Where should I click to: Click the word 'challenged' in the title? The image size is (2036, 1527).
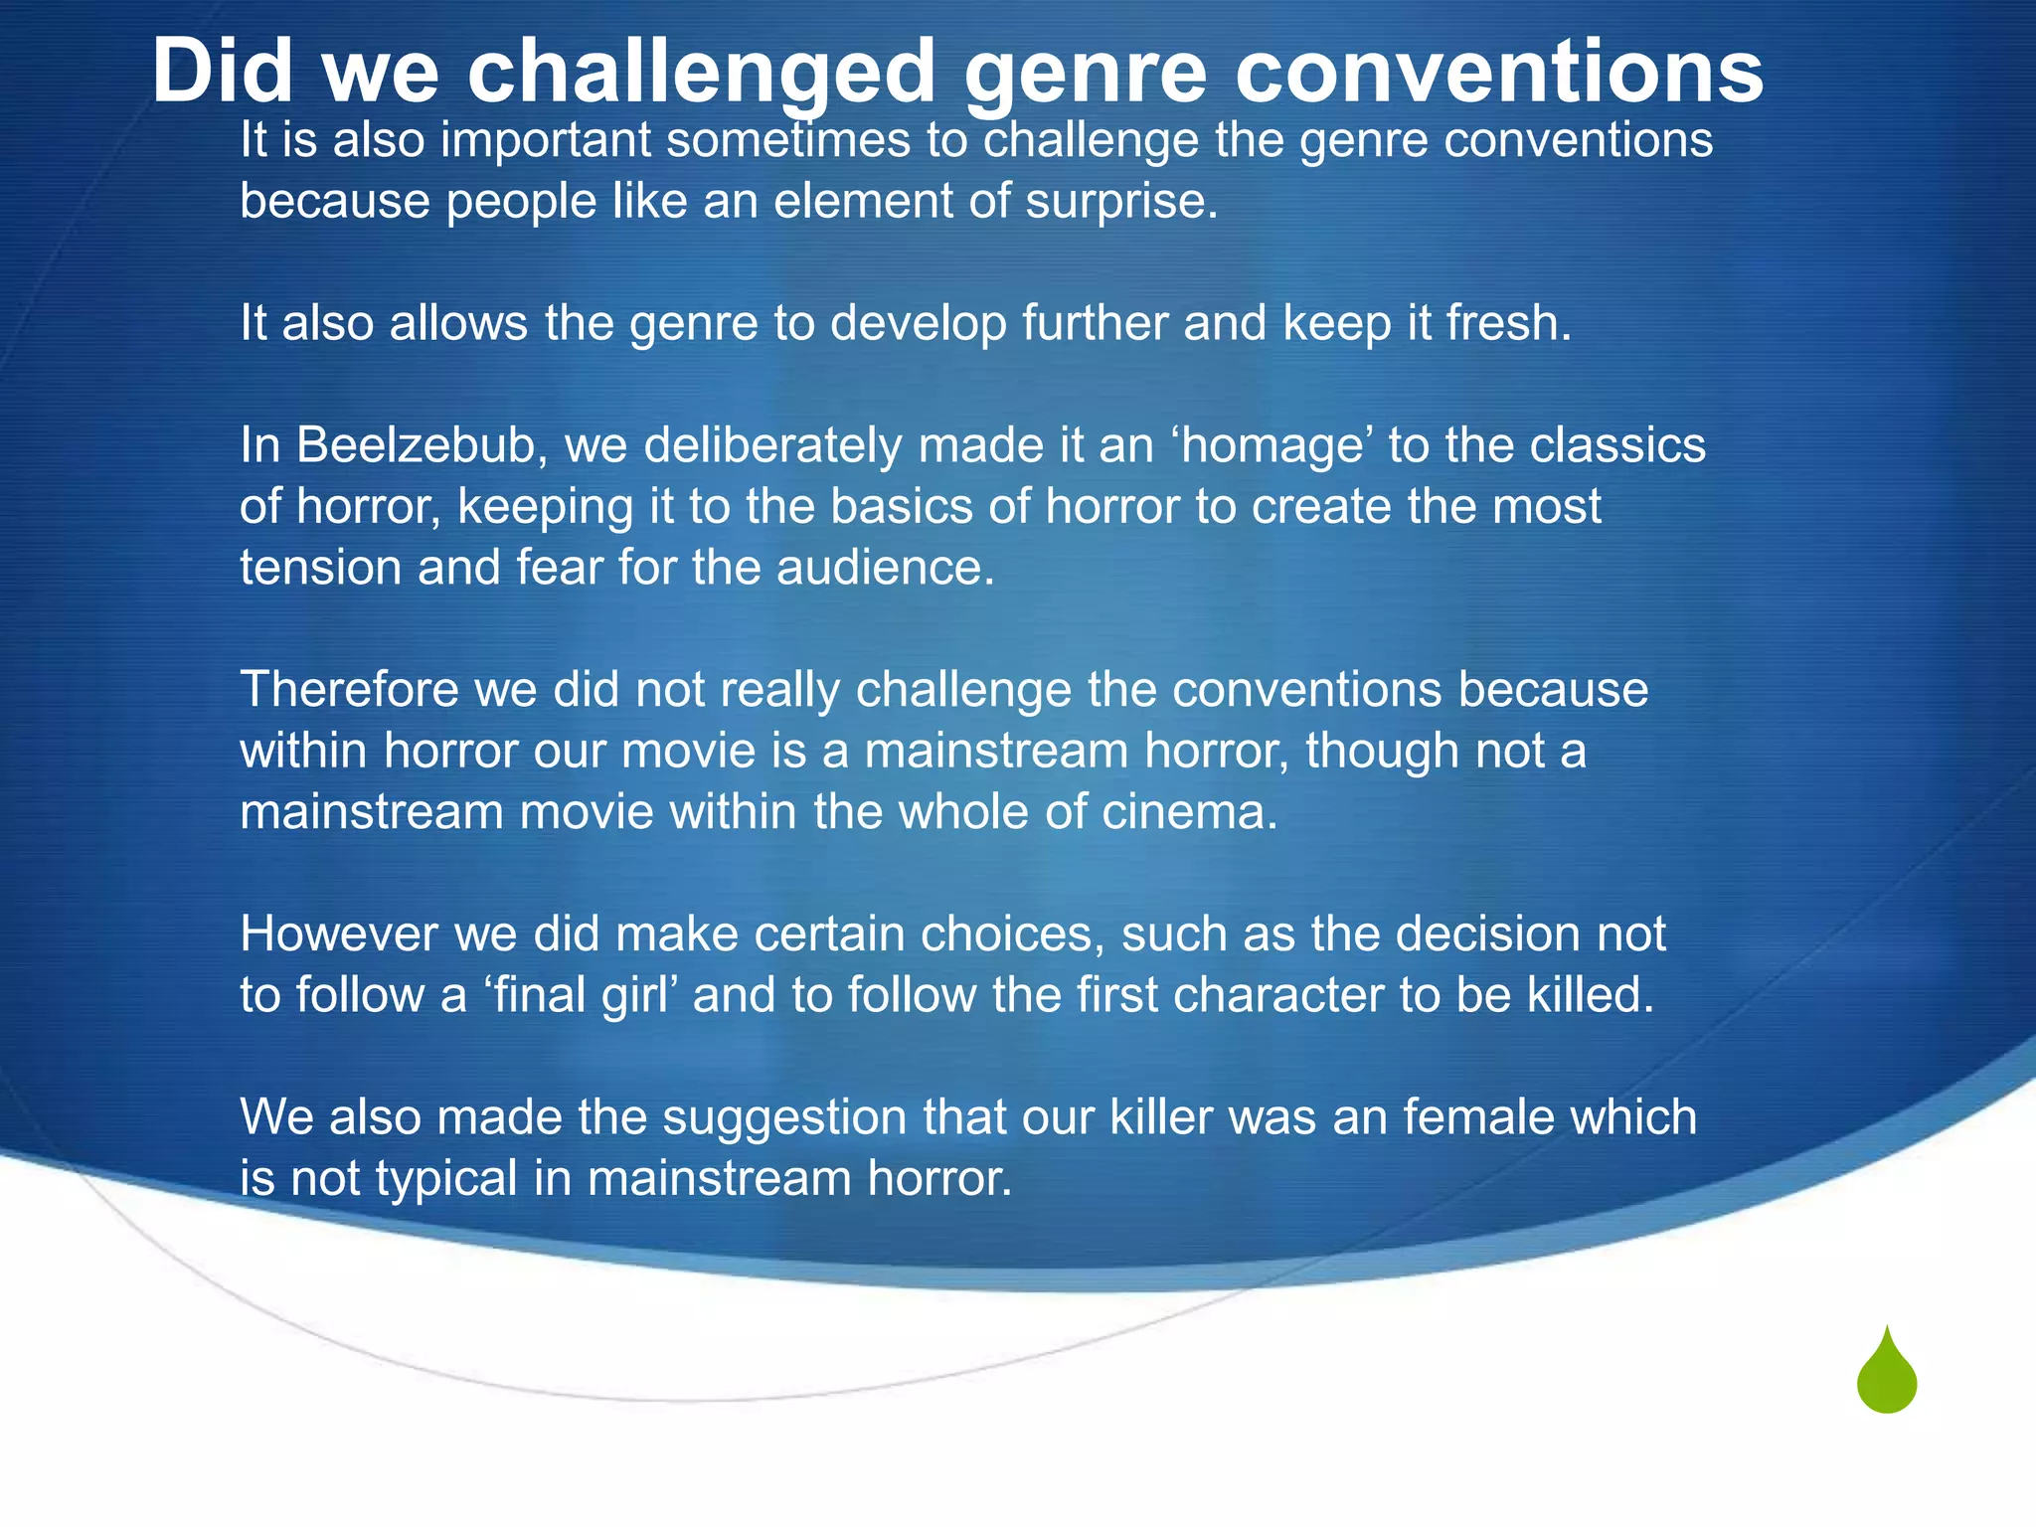click(701, 72)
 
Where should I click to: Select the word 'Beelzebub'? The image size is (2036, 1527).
click(418, 445)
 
